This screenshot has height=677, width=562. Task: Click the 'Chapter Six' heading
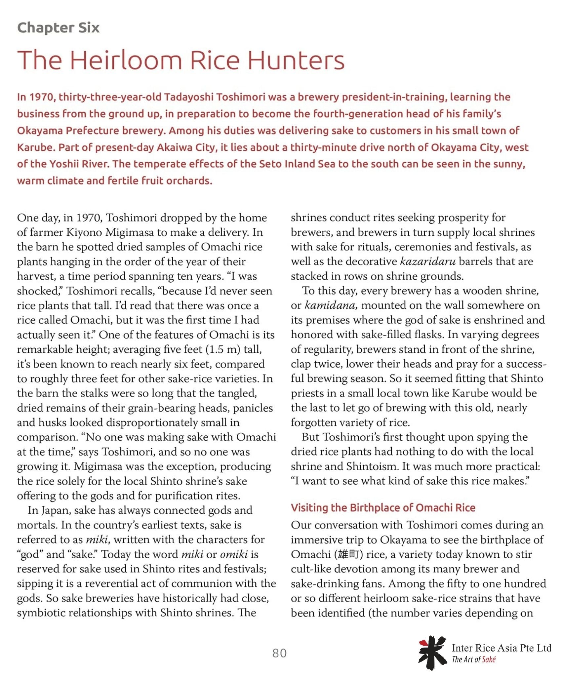click(58, 28)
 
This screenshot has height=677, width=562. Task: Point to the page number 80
click(279, 653)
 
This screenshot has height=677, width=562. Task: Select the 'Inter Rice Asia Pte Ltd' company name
click(502, 648)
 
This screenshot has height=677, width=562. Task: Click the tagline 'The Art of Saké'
click(473, 659)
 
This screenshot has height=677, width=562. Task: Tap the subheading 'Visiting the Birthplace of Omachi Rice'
click(383, 507)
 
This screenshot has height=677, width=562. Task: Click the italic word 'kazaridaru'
click(428, 261)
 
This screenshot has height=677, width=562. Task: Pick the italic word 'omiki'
click(234, 554)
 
